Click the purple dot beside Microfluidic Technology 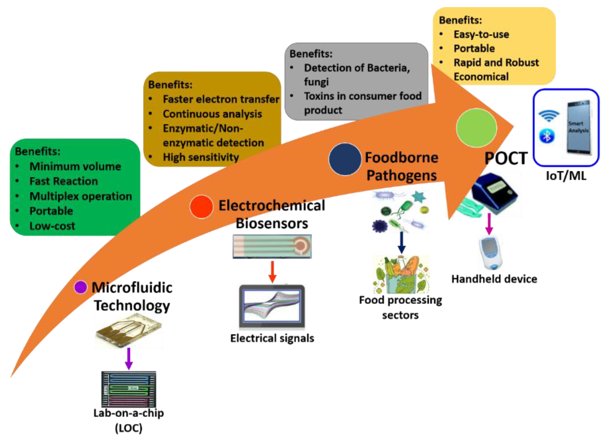(81, 287)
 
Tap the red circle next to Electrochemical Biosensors (201, 207)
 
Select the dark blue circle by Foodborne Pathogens (345, 159)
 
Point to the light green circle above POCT (476, 128)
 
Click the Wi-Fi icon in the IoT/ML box (549, 115)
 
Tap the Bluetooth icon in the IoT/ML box (547, 136)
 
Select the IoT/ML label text (566, 176)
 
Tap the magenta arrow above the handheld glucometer (489, 224)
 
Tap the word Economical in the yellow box (481, 77)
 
